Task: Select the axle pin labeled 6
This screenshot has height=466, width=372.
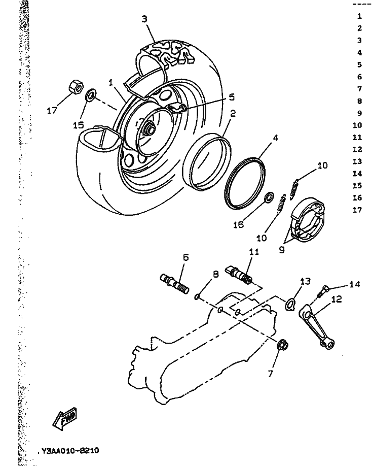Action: [175, 284]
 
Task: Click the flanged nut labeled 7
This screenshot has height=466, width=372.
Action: [283, 346]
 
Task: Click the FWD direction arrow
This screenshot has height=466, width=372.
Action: [64, 419]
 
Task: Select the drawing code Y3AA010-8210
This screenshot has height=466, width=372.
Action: [68, 450]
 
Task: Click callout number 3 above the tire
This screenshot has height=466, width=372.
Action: [144, 19]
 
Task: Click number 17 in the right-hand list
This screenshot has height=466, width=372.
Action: [359, 210]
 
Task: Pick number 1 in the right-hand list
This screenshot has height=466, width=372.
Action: [359, 16]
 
